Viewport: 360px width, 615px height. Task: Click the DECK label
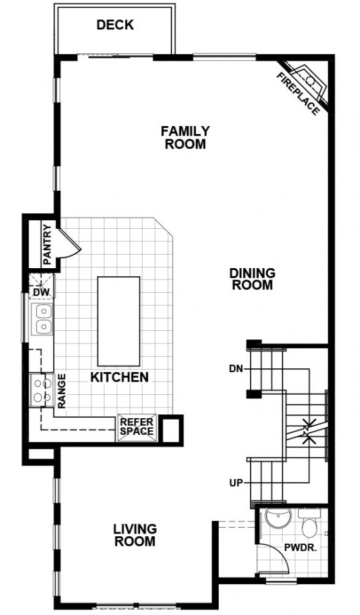[x=115, y=25]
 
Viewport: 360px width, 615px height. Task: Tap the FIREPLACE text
[x=298, y=94]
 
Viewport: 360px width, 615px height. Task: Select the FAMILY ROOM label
[x=185, y=137]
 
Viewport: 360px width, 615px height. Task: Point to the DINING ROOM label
[x=252, y=279]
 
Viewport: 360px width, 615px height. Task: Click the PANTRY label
[x=47, y=243]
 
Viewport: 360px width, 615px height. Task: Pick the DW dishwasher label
[x=41, y=292]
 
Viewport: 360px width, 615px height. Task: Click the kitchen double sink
[x=42, y=320]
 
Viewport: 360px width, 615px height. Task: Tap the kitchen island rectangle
[x=119, y=321]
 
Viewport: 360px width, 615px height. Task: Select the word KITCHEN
[x=119, y=378]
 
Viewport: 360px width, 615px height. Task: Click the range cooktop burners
[x=42, y=390]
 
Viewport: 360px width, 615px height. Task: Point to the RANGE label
[x=62, y=391]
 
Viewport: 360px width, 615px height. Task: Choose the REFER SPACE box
[x=137, y=427]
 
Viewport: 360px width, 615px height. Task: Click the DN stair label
[x=237, y=368]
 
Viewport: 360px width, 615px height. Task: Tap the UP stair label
[x=237, y=483]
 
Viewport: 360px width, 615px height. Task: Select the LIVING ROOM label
[x=135, y=535]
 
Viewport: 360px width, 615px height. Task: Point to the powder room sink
[x=278, y=518]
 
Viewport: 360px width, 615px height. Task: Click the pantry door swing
[x=71, y=244]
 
